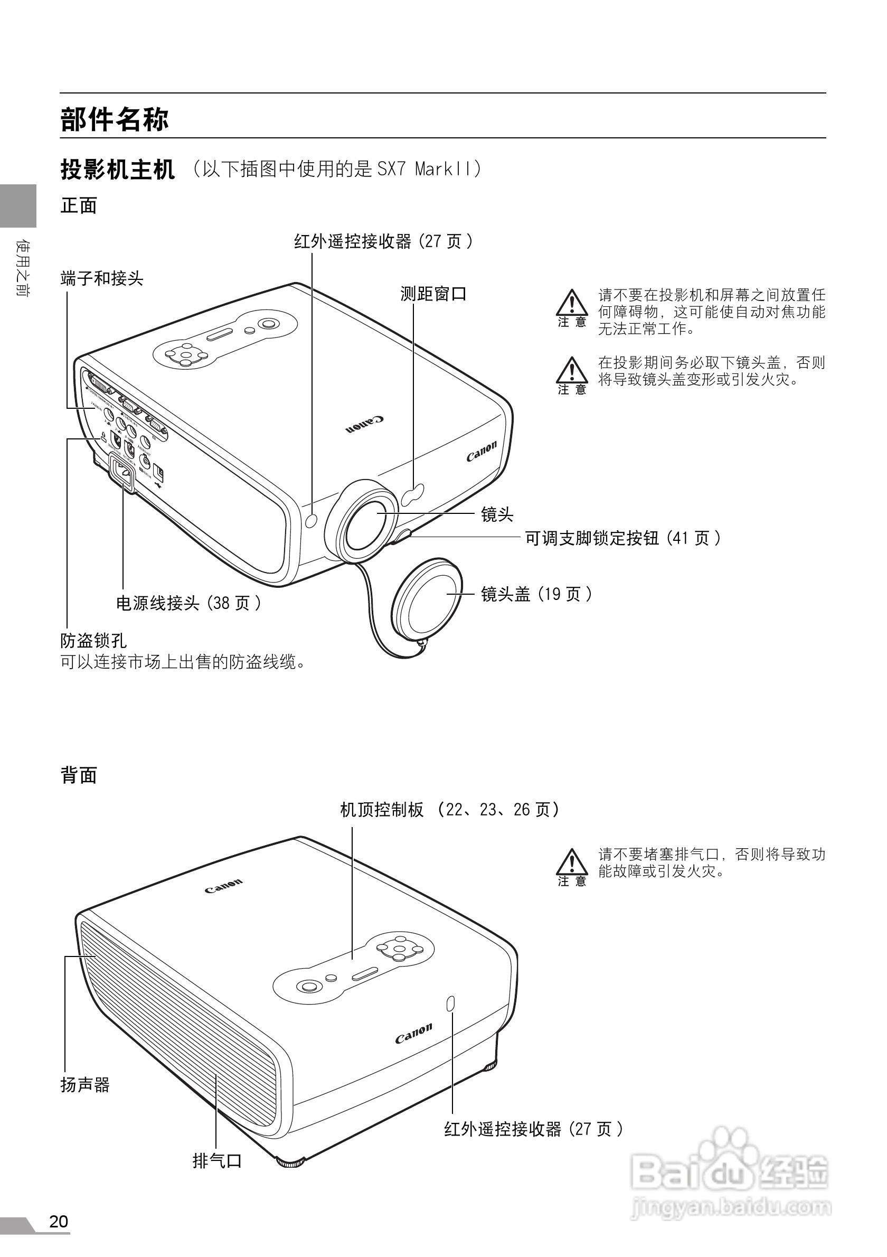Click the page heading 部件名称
click(x=115, y=119)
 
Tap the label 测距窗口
click(x=433, y=294)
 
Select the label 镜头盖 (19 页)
click(x=536, y=594)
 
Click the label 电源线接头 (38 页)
click(x=188, y=603)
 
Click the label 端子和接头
click(x=102, y=279)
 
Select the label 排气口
click(x=217, y=1161)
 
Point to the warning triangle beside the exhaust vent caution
click(x=572, y=862)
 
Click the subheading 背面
click(x=79, y=775)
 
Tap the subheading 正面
click(x=79, y=206)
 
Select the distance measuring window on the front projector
click(x=414, y=493)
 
